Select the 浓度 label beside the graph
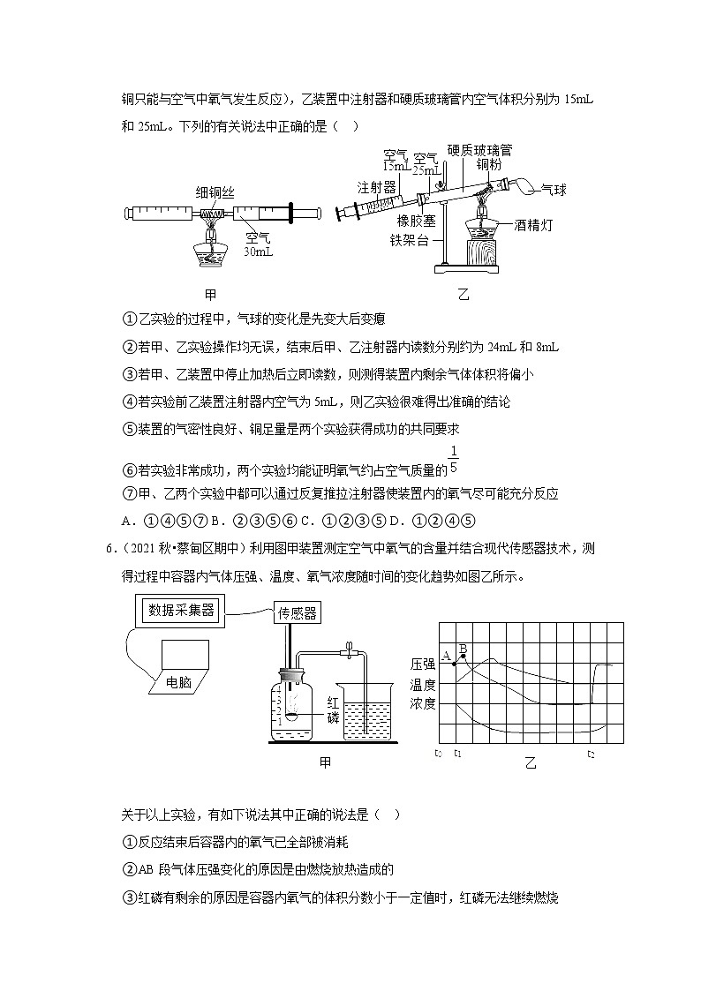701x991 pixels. click(423, 703)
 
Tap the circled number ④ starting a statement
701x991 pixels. click(127, 402)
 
